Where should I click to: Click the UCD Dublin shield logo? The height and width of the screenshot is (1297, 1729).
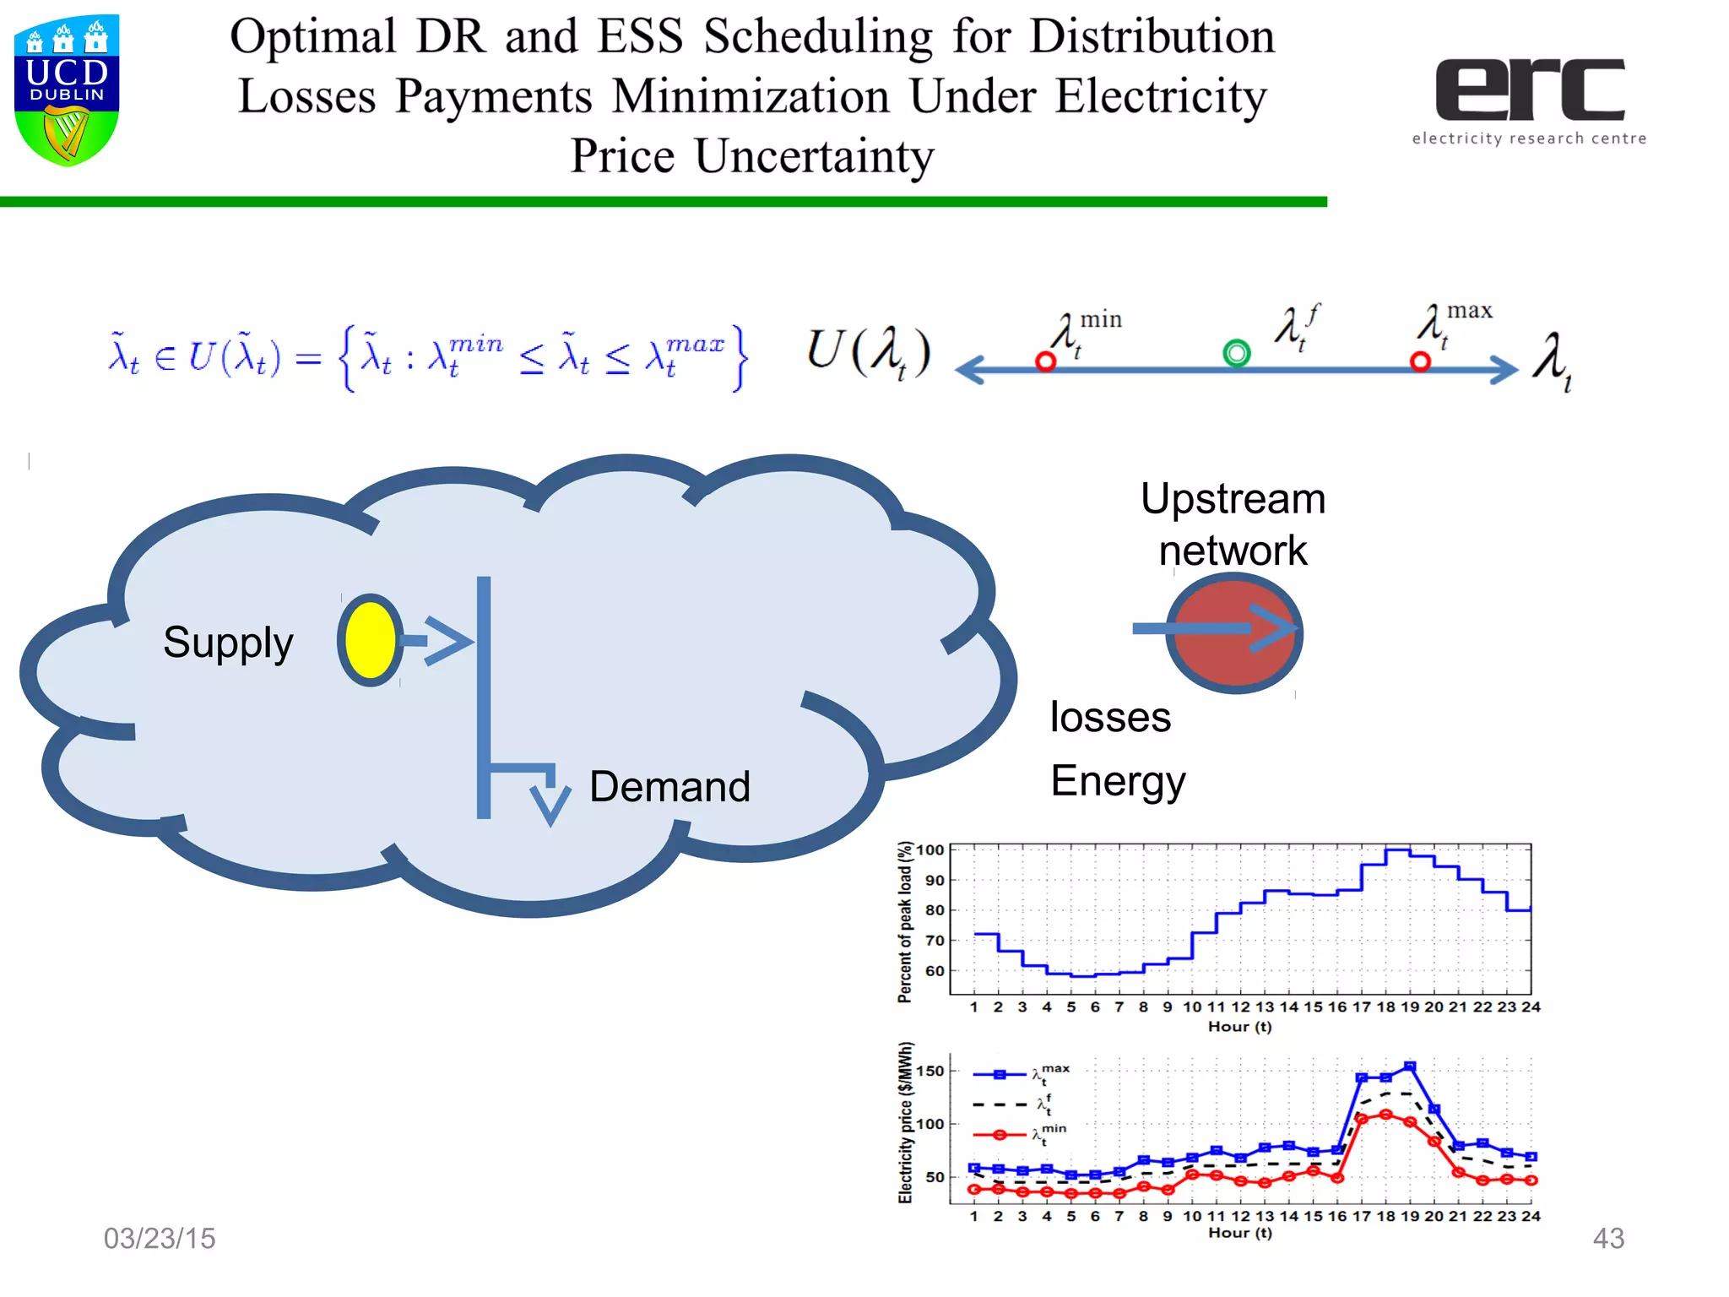point(67,90)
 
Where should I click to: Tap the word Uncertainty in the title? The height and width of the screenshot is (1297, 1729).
point(814,156)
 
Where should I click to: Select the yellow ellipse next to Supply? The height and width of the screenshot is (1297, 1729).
point(370,640)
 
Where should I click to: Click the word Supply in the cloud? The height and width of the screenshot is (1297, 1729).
point(228,643)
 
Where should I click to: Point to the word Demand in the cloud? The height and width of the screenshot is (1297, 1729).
point(669,787)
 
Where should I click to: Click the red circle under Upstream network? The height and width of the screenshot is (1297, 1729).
point(1233,633)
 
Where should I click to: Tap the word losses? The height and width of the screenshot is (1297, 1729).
point(1110,718)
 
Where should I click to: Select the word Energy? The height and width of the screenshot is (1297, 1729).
point(1118,782)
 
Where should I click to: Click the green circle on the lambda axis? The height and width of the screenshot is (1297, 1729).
point(1237,353)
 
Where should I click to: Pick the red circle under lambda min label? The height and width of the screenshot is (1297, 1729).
point(1045,362)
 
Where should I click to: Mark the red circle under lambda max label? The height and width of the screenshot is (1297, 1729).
point(1420,362)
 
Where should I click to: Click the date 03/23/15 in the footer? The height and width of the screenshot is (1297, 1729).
point(160,1238)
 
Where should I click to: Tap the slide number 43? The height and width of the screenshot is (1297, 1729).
point(1608,1238)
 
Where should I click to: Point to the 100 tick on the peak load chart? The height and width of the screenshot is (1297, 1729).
point(930,850)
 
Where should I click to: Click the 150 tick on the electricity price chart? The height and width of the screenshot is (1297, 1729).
point(930,1071)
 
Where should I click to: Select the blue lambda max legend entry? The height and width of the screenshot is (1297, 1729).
point(1020,1075)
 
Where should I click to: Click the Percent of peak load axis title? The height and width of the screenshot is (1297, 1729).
point(905,922)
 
